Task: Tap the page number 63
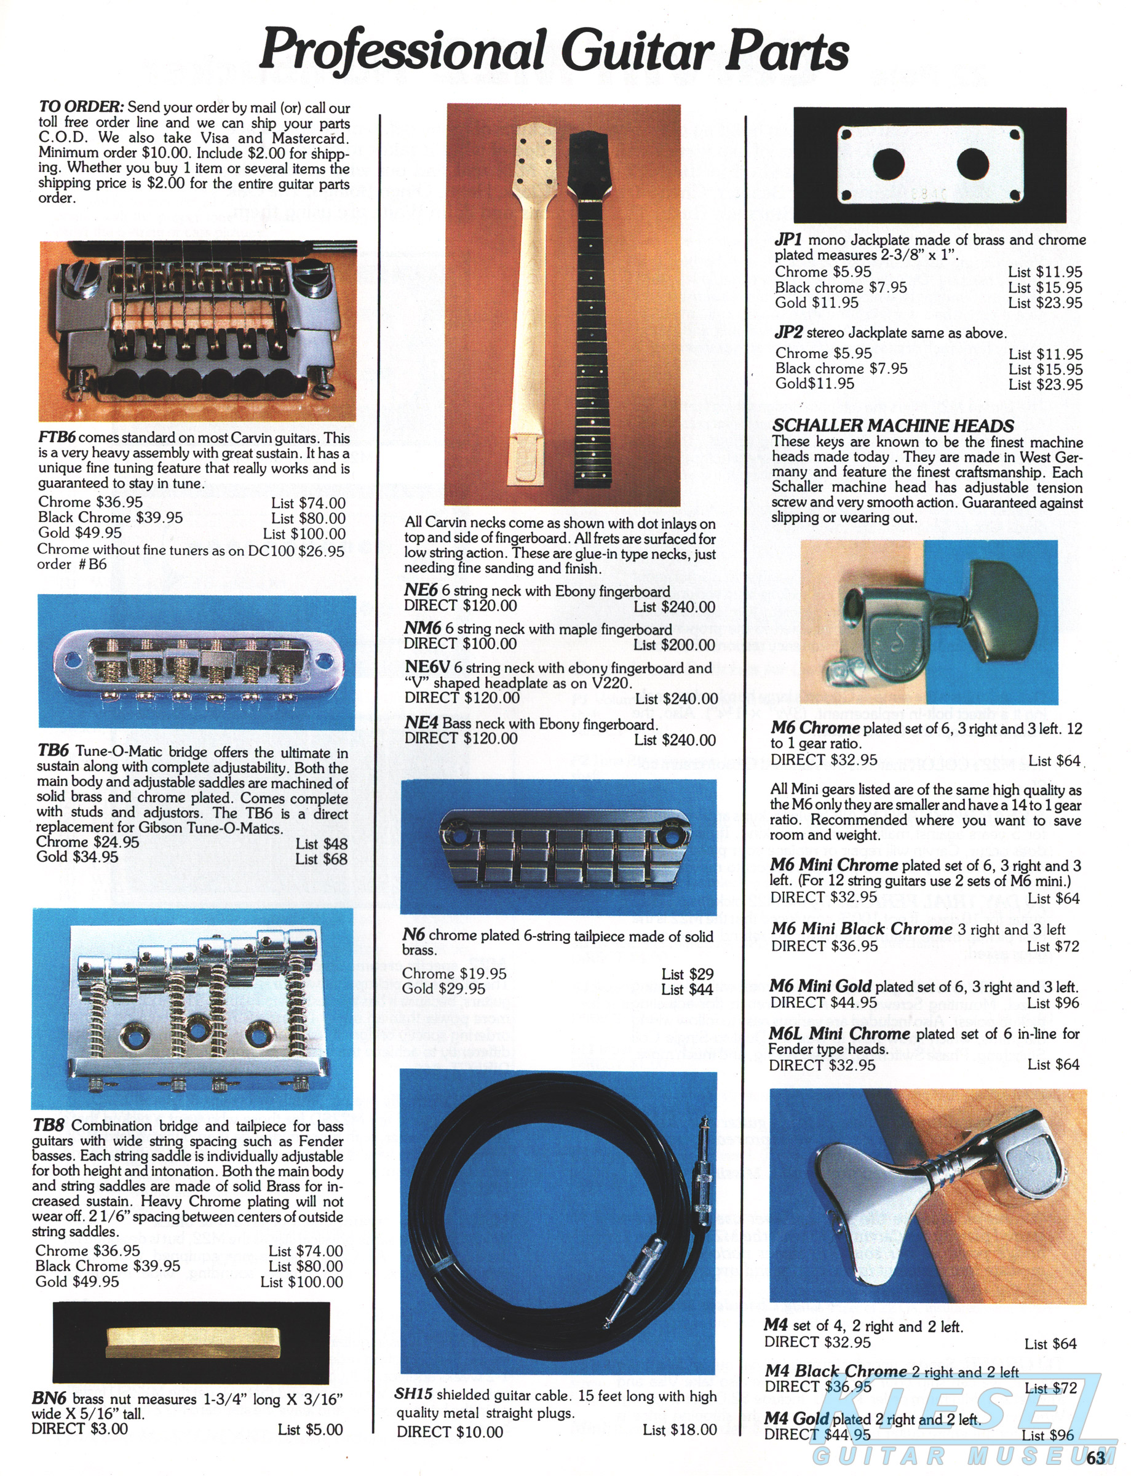[x=1095, y=1457]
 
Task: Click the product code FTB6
[x=57, y=437]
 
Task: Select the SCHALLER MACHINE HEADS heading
[x=892, y=426]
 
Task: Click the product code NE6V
[x=427, y=667]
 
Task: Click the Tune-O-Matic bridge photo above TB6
[x=197, y=663]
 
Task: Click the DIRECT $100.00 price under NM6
[x=461, y=643]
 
